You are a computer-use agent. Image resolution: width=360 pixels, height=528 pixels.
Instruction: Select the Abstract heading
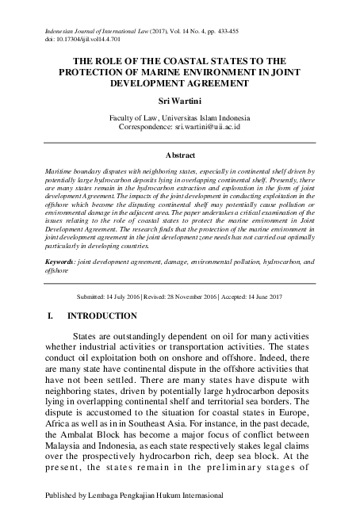(179, 157)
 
